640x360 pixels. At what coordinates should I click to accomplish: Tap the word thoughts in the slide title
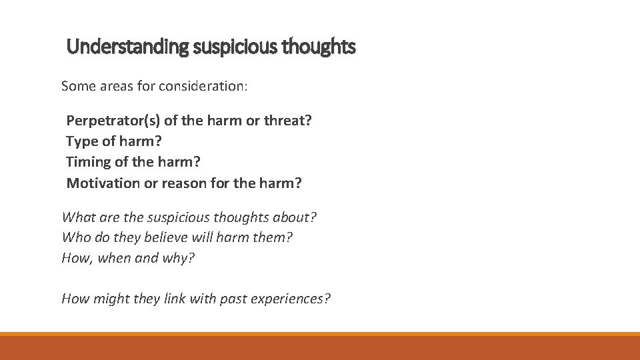pyautogui.click(x=319, y=47)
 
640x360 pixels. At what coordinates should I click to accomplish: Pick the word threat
pyautogui.click(x=288, y=121)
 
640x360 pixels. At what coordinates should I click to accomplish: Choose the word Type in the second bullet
pyautogui.click(x=81, y=141)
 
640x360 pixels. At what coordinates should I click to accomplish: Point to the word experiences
pyautogui.click(x=290, y=299)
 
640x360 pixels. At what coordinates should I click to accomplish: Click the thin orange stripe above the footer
pyautogui.click(x=320, y=334)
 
